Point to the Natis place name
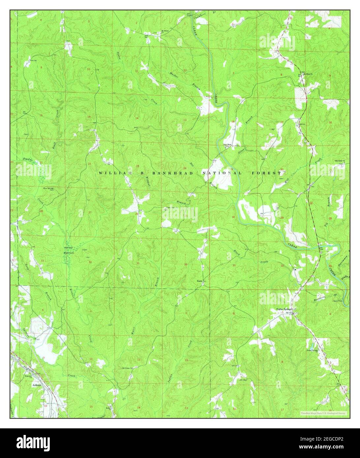pyautogui.click(x=199, y=281)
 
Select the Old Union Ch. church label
pyautogui.click(x=127, y=368)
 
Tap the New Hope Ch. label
pyautogui.click(x=228, y=145)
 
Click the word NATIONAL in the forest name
pyautogui.click(x=223, y=173)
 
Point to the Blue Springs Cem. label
pyautogui.click(x=48, y=189)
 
